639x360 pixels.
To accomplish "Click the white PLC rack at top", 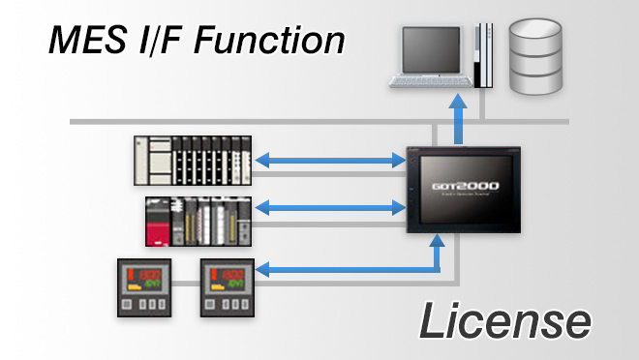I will pyautogui.click(x=195, y=161).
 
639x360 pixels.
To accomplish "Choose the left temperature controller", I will pyautogui.click(x=144, y=288).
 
